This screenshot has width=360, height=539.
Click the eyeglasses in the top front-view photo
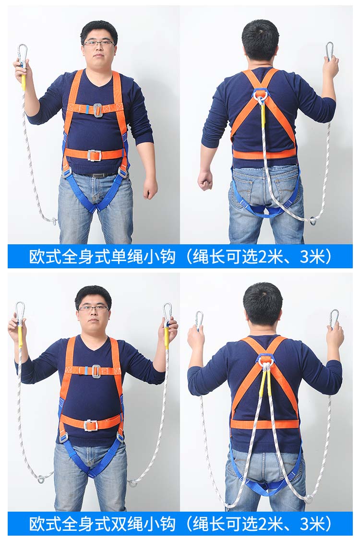(99, 43)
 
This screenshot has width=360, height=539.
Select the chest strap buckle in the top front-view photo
(97, 110)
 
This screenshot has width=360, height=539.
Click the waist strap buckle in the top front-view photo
(94, 156)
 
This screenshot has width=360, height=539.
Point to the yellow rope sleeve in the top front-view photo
(23, 82)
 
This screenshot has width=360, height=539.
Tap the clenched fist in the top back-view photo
(205, 180)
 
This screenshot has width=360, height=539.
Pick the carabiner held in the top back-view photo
(329, 51)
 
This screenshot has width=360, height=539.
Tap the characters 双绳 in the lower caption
(126, 524)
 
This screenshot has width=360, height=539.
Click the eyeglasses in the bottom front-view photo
(94, 308)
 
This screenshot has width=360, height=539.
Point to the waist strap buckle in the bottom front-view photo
(91, 425)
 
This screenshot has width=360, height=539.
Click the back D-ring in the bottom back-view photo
(265, 360)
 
